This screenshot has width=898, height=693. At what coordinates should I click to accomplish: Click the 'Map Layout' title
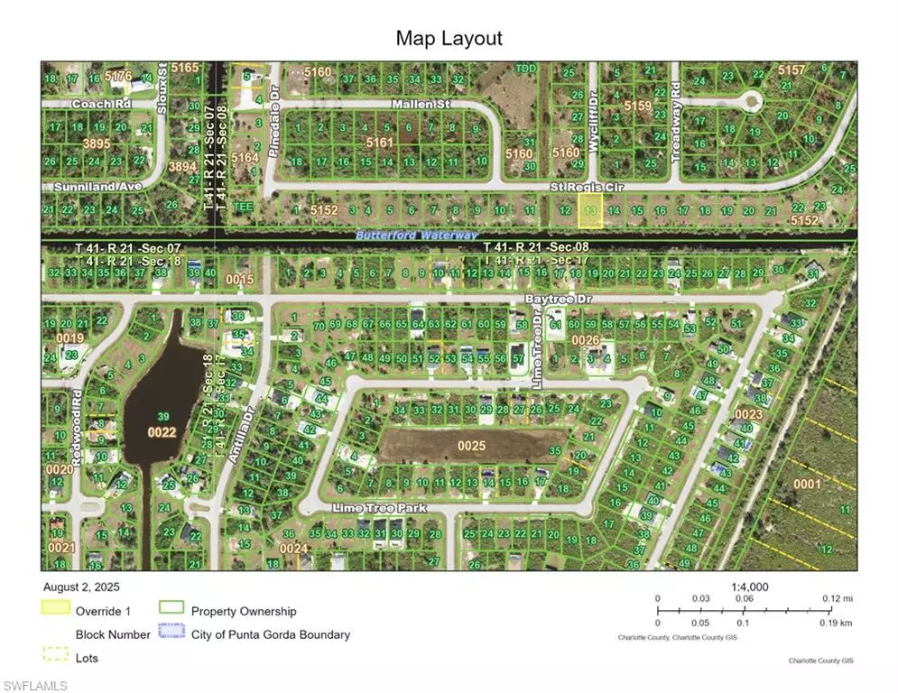(449, 39)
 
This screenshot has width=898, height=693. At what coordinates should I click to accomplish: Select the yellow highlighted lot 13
(590, 209)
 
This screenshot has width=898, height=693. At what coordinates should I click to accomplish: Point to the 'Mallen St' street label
(421, 105)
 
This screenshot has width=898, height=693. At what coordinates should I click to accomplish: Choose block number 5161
(379, 142)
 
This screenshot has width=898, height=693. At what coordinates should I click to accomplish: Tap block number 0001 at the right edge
(806, 484)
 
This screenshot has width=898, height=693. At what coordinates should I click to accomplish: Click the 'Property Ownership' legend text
(243, 611)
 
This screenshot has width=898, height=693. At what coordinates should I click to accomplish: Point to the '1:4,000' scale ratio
(749, 587)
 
